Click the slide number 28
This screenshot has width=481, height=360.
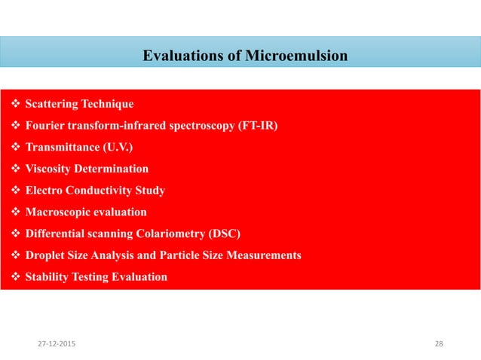tap(440, 344)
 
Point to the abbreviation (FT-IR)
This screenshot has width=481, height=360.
tap(256, 125)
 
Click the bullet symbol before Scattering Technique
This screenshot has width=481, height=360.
tap(17, 104)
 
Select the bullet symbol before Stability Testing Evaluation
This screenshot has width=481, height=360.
tap(17, 277)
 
